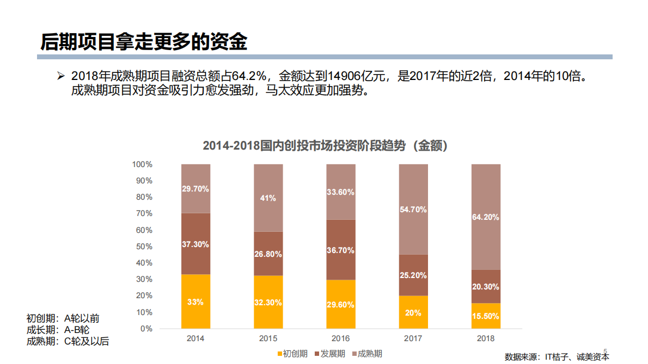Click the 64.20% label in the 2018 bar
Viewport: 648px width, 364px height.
tap(486, 217)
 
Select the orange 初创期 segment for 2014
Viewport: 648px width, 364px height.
tap(195, 301)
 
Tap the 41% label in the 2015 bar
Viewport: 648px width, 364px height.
tap(268, 198)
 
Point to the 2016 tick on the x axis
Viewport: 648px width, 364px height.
tap(340, 338)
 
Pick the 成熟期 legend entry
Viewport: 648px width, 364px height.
tap(367, 354)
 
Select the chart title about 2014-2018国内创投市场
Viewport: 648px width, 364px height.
tap(325, 146)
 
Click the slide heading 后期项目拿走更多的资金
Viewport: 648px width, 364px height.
tap(144, 41)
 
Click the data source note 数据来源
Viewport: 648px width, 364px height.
tap(557, 357)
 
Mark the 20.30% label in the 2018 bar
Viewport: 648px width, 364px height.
tap(486, 287)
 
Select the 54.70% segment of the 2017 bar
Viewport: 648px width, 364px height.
tap(413, 209)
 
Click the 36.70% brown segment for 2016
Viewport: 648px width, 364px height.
tap(340, 250)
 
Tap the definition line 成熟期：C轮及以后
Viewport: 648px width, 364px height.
tap(68, 342)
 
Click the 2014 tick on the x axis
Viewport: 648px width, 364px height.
tap(195, 338)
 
